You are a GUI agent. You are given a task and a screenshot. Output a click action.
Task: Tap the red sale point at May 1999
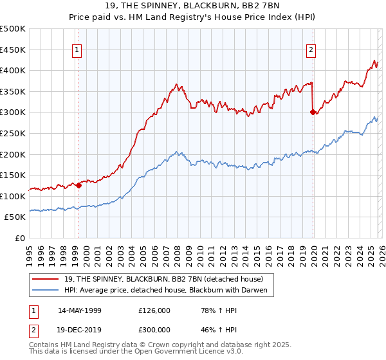pos(78,185)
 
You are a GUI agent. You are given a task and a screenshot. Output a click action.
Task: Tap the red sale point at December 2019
pos(313,112)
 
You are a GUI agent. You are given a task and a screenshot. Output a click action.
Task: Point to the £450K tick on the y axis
pos(14,50)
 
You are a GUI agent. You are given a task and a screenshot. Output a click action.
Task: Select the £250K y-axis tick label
pos(14,133)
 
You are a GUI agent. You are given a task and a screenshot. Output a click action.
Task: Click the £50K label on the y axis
pos(16,217)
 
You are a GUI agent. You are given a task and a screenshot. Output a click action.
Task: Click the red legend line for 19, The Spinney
pos(46,279)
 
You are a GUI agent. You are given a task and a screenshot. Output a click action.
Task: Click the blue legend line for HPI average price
pos(46,291)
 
